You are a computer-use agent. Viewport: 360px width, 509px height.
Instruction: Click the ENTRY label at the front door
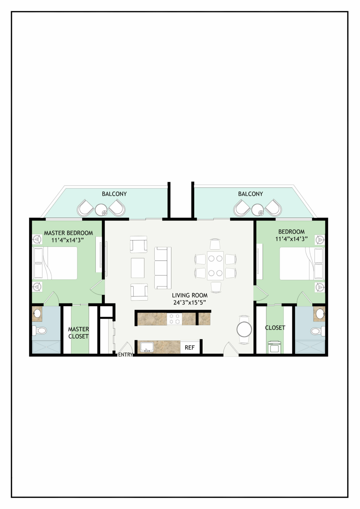click(x=125, y=355)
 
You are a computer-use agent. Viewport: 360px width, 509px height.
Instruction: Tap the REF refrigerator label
click(x=190, y=347)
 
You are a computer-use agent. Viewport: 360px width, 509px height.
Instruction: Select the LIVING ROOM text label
click(x=190, y=295)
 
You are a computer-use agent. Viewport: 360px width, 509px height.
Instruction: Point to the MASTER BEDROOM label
click(x=68, y=233)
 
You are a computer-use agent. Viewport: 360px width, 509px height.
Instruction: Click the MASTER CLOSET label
click(x=79, y=333)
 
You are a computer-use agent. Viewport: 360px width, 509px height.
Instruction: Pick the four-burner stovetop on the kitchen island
click(x=174, y=319)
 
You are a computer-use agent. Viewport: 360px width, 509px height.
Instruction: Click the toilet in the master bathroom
click(x=39, y=331)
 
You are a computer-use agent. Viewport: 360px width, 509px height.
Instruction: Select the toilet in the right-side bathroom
click(x=318, y=331)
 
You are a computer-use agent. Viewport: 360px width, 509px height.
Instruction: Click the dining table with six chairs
click(x=215, y=265)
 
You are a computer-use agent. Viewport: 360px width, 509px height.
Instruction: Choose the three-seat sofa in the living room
click(x=163, y=268)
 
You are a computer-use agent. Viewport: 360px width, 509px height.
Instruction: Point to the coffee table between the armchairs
click(x=138, y=268)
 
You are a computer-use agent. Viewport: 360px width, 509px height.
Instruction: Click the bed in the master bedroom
click(x=55, y=263)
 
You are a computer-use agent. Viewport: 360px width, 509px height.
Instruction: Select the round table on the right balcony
click(x=258, y=210)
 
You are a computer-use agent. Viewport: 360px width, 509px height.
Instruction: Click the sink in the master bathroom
click(x=37, y=313)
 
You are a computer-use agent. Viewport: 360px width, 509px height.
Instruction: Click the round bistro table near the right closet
click(x=244, y=329)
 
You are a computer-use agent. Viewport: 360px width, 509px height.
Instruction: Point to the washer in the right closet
click(x=275, y=347)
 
